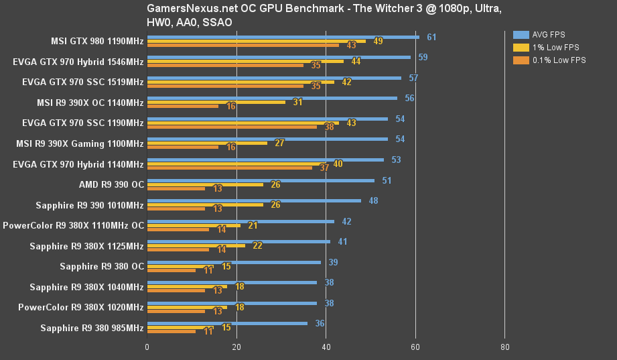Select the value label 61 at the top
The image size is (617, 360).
coord(431,37)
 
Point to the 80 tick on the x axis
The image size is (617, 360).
coord(504,347)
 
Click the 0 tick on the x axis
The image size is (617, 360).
coord(147,347)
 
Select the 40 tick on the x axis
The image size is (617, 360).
coord(326,347)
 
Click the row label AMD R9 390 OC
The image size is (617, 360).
coord(111,184)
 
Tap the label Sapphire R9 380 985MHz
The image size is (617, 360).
coord(92,328)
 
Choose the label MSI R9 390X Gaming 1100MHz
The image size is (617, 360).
coord(80,143)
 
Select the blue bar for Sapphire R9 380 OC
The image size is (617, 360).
coord(234,262)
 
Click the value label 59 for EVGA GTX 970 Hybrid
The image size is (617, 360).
coord(423,57)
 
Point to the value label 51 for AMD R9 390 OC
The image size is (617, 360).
coord(387,180)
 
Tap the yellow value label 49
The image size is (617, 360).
coord(378,41)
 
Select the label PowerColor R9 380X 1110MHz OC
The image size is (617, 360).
coord(73,225)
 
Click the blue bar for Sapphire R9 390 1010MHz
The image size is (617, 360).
coord(254,200)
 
